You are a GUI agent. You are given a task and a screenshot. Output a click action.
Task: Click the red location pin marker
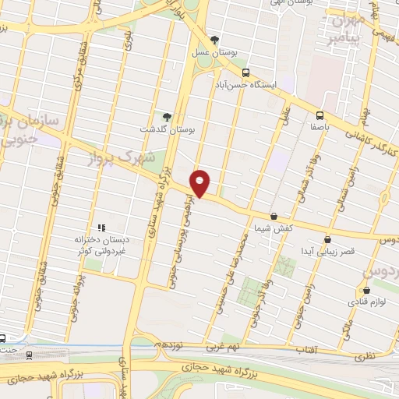tap(200, 183)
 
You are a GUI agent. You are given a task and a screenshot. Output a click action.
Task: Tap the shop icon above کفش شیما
tap(274, 216)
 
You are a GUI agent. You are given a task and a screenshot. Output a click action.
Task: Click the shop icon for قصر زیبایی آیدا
tap(327, 239)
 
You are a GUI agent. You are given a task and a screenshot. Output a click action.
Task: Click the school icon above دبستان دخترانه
tap(101, 227)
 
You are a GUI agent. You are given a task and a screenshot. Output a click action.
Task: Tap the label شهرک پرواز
tap(125, 161)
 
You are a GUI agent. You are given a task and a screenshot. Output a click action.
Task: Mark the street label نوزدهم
tap(168, 344)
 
